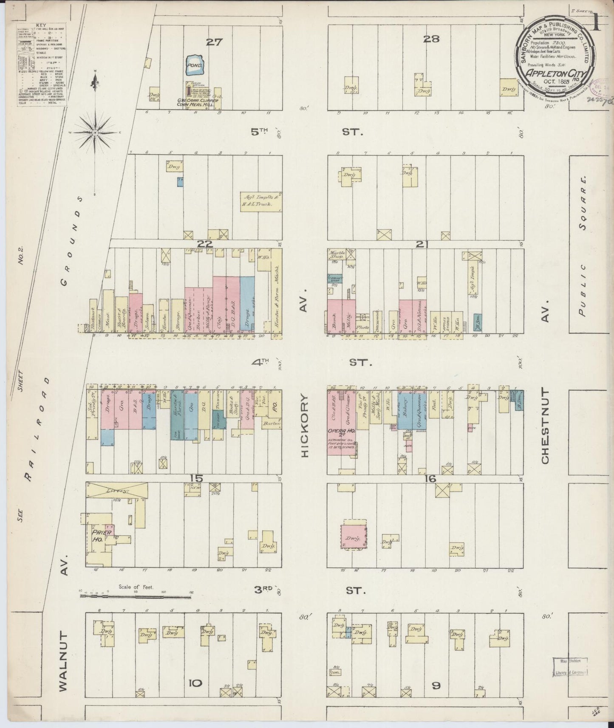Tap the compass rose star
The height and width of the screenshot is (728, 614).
click(x=95, y=133)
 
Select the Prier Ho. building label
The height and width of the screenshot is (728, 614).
click(x=101, y=536)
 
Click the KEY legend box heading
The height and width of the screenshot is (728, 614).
click(x=41, y=25)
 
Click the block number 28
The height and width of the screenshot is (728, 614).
click(x=431, y=39)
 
